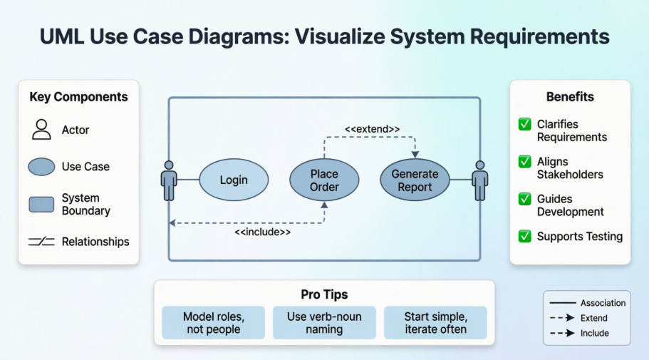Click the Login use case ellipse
(x=233, y=180)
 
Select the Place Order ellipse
(x=324, y=180)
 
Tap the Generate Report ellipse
(x=415, y=180)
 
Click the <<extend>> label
(x=372, y=129)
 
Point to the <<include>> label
(x=263, y=232)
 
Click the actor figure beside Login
(x=169, y=180)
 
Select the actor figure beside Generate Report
(x=480, y=180)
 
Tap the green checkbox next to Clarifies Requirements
(x=524, y=125)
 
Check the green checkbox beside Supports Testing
(x=524, y=236)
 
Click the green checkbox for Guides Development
(x=524, y=200)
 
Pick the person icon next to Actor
(x=41, y=130)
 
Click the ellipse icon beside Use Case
(x=41, y=167)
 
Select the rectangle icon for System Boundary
(x=41, y=205)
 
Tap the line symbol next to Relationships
(x=41, y=242)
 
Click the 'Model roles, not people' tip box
(x=213, y=322)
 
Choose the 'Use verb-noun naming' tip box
(x=324, y=322)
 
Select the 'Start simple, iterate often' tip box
(x=435, y=322)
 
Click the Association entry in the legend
(x=587, y=303)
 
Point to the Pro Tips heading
(x=324, y=294)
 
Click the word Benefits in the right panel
(x=570, y=97)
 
